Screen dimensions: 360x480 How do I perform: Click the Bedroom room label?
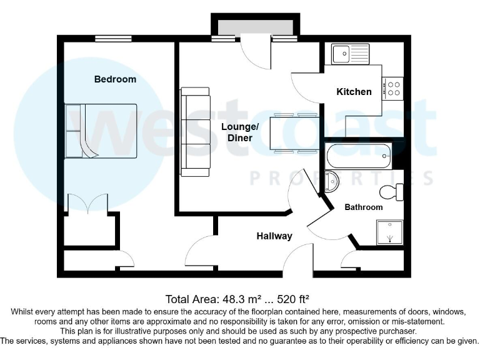(x=115, y=79)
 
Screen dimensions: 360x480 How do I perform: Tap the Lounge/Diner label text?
(x=240, y=132)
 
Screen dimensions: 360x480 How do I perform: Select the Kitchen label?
(x=354, y=92)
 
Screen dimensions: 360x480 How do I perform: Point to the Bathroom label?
(x=364, y=207)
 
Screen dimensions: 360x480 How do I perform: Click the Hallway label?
(x=274, y=236)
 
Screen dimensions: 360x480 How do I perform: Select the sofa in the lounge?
(x=195, y=131)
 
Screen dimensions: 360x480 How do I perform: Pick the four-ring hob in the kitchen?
(x=394, y=88)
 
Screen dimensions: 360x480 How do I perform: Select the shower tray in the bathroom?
(x=390, y=232)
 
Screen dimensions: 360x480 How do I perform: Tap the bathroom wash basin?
(x=331, y=181)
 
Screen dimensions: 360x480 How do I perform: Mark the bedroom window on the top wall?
(x=113, y=39)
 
